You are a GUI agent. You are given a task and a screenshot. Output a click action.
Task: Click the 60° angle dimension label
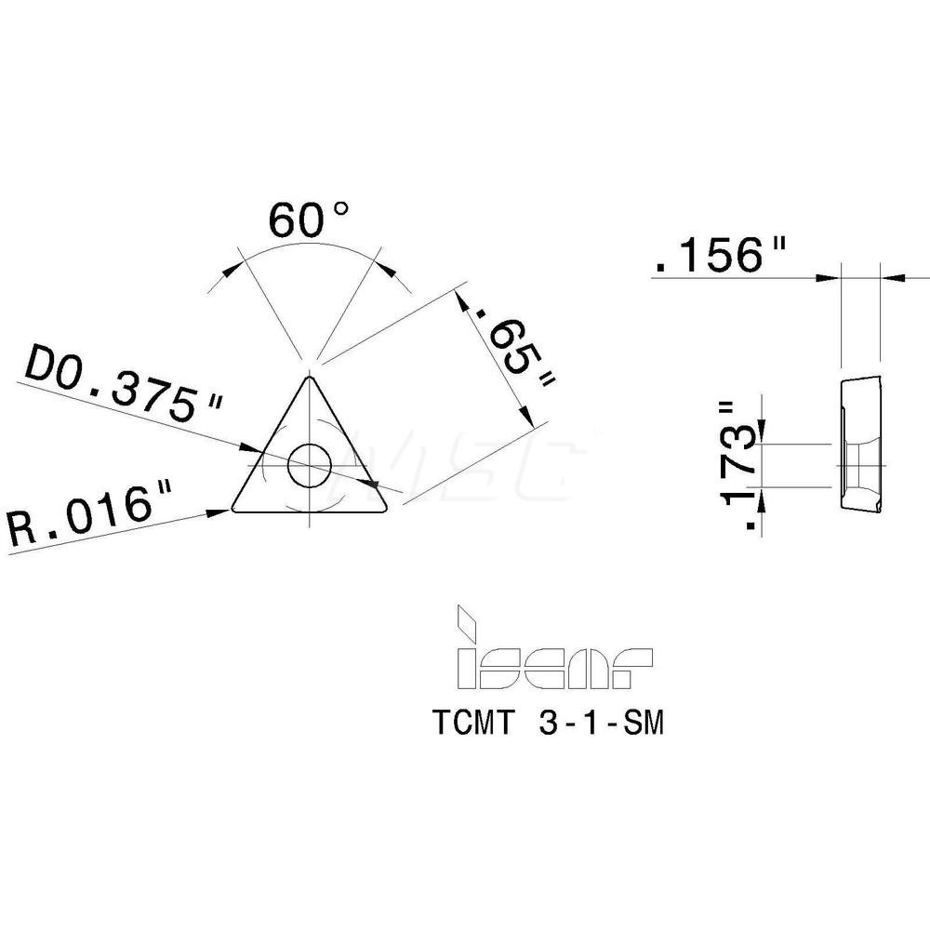[x=310, y=219]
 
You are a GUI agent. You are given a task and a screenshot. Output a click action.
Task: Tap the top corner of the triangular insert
[x=308, y=377]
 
